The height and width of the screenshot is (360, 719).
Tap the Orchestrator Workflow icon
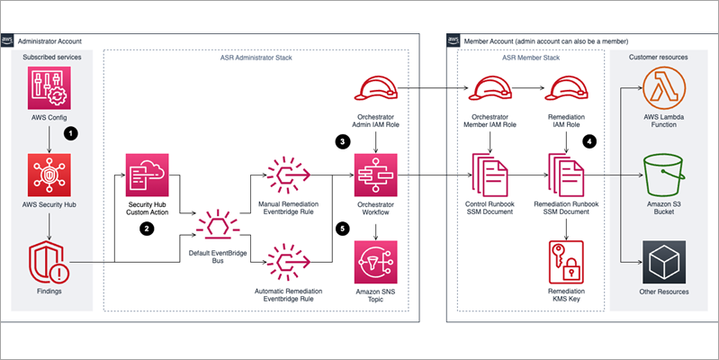374,175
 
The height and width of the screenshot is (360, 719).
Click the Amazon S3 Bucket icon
663,175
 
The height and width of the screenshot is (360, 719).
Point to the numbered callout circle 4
589,141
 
